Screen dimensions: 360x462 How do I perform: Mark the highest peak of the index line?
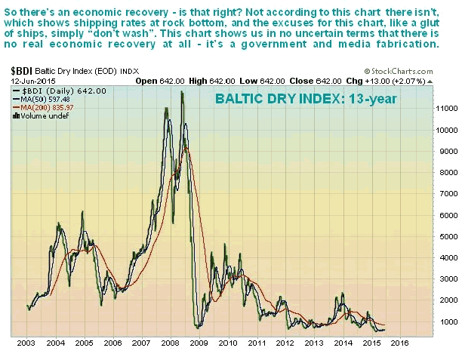coord(182,92)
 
